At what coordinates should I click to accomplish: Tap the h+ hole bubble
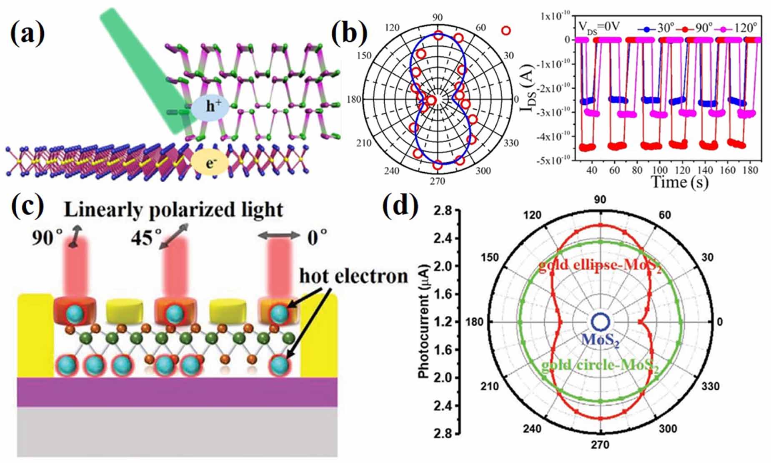(210, 107)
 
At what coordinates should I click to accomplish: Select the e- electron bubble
(210, 163)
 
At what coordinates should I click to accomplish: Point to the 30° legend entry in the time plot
(656, 28)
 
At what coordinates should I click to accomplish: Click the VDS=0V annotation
(599, 26)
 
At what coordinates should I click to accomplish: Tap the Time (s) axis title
(679, 182)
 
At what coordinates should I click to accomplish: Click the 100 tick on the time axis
(659, 170)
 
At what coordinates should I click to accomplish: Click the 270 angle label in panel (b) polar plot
(438, 181)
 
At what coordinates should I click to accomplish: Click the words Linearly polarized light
(173, 210)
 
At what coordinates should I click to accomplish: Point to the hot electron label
(353, 276)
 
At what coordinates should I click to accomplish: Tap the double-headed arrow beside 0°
(279, 236)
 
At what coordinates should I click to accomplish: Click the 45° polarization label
(146, 238)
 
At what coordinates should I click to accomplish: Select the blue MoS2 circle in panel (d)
(600, 322)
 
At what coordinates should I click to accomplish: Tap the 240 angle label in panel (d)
(532, 429)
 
